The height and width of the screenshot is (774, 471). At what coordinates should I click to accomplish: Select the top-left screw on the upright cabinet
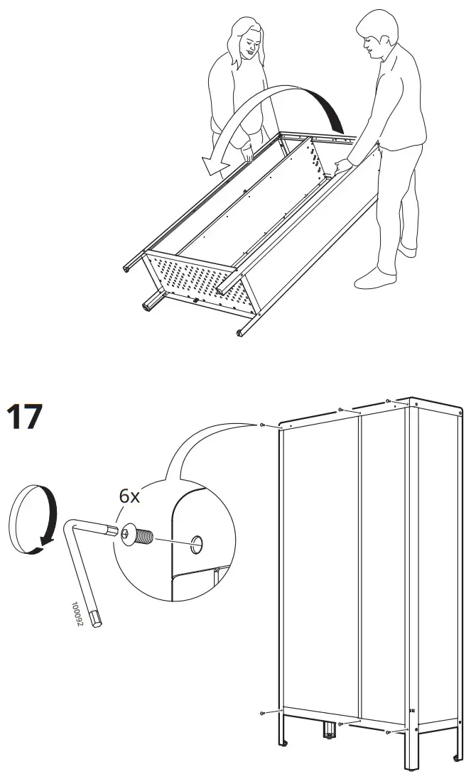(x=263, y=425)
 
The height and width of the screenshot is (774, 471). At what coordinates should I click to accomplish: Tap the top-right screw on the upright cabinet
(x=387, y=401)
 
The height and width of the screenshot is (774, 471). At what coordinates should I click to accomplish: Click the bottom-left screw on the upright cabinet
(x=264, y=712)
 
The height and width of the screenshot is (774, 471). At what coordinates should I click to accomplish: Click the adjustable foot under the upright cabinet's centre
(x=328, y=729)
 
